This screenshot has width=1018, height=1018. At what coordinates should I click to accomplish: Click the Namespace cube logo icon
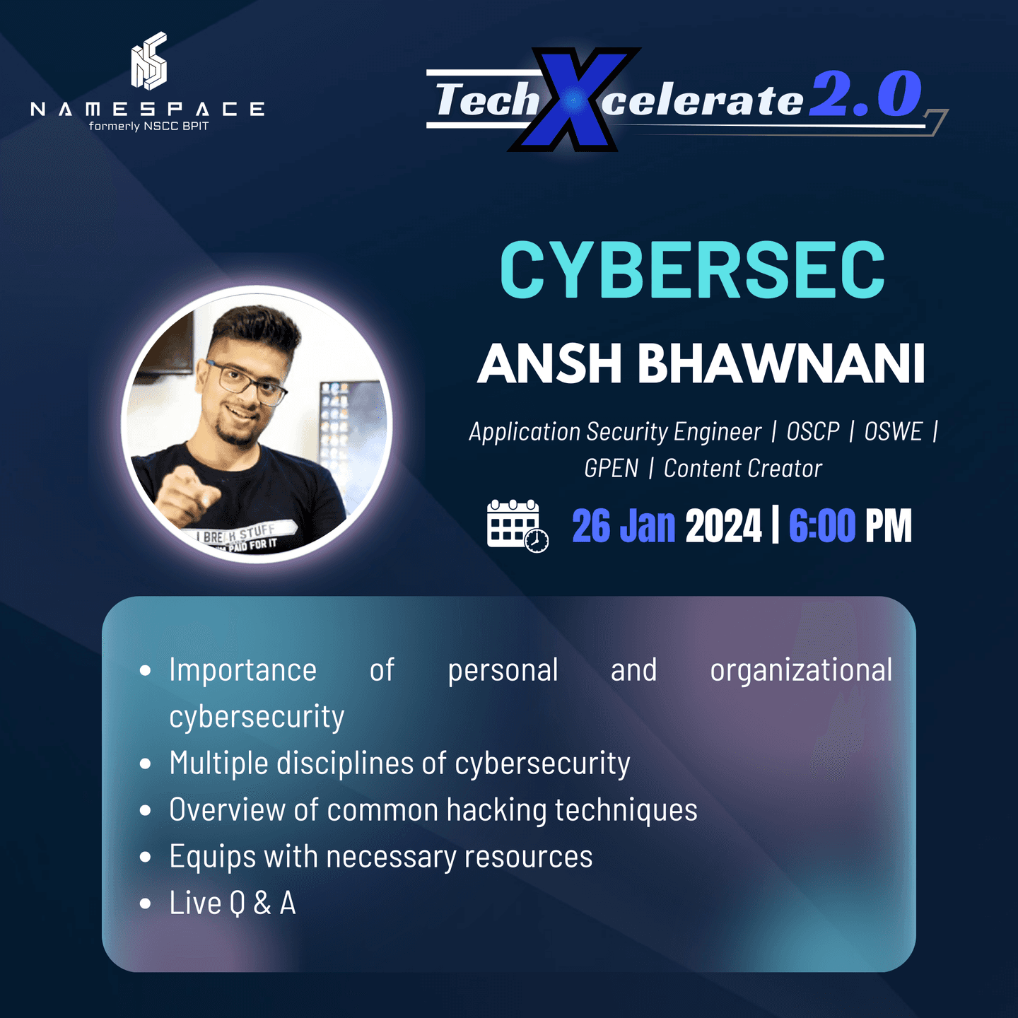coord(149,62)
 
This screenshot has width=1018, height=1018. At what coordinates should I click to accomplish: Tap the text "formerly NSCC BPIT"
coord(148,127)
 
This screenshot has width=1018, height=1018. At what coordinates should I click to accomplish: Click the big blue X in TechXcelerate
coord(574,100)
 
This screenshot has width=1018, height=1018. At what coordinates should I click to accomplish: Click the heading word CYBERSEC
coord(692,270)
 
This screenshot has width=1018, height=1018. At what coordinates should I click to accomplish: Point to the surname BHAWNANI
coord(781,363)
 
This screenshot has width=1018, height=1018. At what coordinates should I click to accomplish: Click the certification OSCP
coord(813,431)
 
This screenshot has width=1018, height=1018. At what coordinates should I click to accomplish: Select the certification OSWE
coord(893,431)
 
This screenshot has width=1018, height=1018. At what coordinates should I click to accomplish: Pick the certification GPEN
coord(611,468)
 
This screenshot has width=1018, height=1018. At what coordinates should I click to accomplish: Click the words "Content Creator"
coord(742,468)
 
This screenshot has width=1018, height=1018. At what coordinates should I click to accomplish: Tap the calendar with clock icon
coord(517,525)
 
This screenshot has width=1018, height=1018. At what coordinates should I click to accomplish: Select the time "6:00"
coord(821,526)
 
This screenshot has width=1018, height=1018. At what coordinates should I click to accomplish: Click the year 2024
coord(723,526)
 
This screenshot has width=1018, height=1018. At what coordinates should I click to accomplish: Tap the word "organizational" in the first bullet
coord(801,670)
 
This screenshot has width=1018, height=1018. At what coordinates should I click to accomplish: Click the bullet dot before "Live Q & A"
coord(146,903)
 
